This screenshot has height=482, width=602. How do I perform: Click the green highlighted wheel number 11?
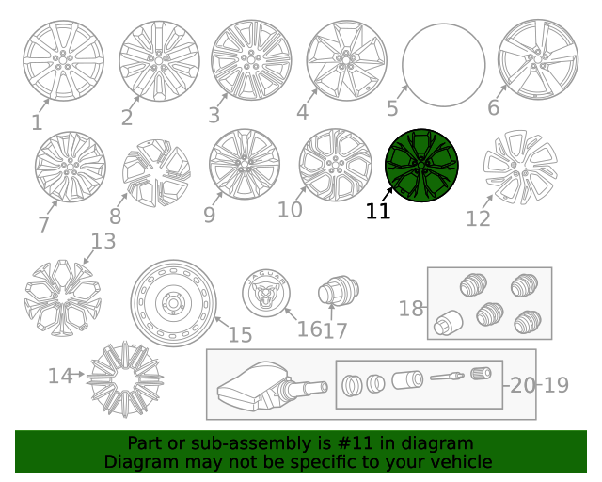[421, 166]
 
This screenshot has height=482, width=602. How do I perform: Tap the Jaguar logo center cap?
[266, 293]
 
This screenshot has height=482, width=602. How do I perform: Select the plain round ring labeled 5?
[444, 65]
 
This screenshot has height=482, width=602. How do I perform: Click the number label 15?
[240, 334]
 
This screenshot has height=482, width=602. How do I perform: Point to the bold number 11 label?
[378, 212]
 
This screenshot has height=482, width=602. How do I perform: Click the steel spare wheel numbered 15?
[173, 302]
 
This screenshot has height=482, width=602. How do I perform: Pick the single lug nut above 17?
[339, 290]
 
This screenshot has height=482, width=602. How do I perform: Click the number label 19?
[556, 385]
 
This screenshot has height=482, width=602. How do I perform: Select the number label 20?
[523, 385]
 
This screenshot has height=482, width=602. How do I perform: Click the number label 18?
[411, 308]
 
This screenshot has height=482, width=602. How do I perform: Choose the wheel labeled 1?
[63, 61]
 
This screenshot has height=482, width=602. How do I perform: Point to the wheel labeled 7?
[71, 167]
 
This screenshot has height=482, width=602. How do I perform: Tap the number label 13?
[103, 241]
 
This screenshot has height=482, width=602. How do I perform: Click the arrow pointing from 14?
[78, 374]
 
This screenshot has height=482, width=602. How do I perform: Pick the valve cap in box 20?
[481, 373]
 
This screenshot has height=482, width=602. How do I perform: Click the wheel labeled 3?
[251, 60]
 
